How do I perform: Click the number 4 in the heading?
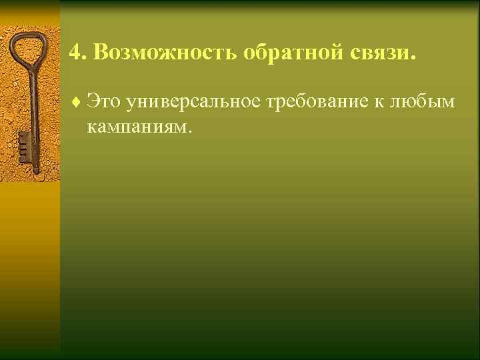tap(73, 53)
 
